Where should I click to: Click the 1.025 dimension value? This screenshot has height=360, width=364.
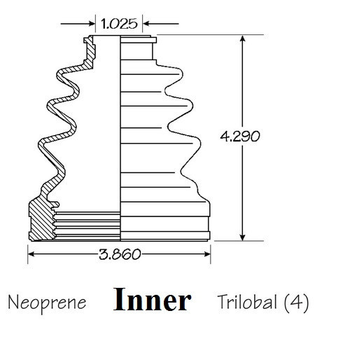119,24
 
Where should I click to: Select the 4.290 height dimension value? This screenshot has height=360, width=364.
240,136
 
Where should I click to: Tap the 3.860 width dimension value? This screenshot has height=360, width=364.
120,254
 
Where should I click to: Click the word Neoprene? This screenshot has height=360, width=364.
48,303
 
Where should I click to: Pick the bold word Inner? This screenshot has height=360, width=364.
153,300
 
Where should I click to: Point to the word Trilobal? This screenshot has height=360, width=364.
248,302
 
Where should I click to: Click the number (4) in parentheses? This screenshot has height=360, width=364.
296,303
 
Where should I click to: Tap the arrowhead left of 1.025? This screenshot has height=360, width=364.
91,24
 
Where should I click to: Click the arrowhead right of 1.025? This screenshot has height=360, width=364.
147,24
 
